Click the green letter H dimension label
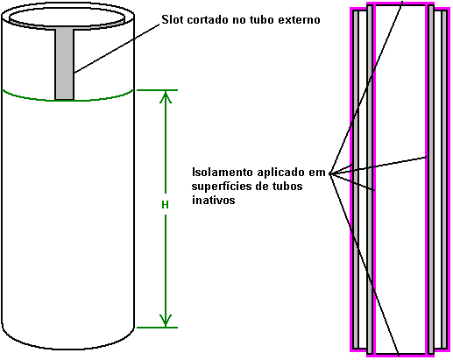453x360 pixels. click(x=165, y=205)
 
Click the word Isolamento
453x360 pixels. click(x=223, y=172)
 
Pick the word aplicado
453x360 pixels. click(x=281, y=173)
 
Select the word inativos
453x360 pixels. click(x=214, y=200)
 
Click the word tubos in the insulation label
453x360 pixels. click(x=287, y=186)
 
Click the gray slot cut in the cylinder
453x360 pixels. click(x=65, y=64)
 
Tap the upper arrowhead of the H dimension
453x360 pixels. click(x=166, y=97)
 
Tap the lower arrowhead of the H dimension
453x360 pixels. click(x=166, y=321)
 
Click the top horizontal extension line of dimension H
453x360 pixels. click(x=157, y=90)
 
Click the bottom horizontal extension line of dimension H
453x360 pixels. click(x=157, y=328)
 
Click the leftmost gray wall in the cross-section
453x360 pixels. click(x=356, y=180)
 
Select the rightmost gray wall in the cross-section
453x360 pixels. click(x=444, y=180)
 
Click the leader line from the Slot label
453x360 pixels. click(x=117, y=48)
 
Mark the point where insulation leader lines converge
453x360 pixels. click(x=330, y=173)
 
